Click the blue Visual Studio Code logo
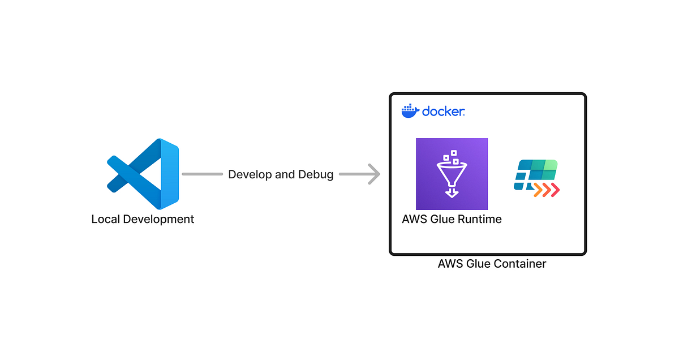(143, 174)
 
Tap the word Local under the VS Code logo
(106, 219)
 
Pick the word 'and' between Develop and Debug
(285, 174)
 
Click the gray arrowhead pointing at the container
(373, 174)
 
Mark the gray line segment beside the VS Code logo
(202, 174)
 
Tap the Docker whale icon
(410, 111)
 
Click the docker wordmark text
(444, 111)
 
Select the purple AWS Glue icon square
(452, 174)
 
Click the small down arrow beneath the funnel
(451, 192)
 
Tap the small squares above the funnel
(452, 157)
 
